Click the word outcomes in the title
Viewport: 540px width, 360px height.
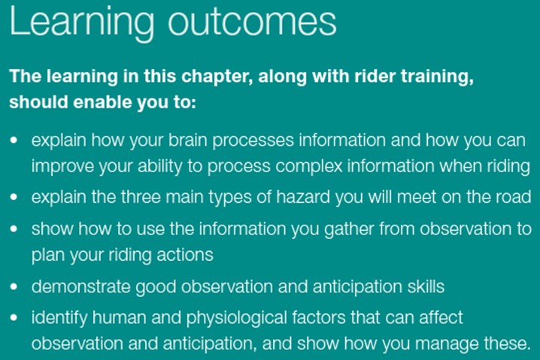tap(252, 23)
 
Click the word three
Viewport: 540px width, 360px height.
tap(141, 197)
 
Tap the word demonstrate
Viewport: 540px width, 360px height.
tap(81, 286)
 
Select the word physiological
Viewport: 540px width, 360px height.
tap(237, 318)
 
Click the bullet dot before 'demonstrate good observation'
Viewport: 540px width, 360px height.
tap(14, 286)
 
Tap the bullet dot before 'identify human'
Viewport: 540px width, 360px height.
tap(14, 317)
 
